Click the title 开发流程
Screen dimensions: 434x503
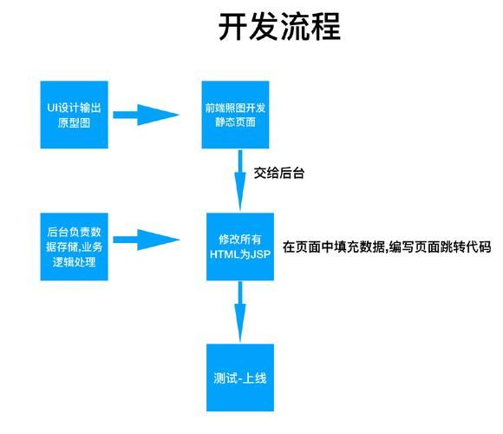click(x=278, y=27)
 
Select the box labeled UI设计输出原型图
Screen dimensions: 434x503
click(x=75, y=114)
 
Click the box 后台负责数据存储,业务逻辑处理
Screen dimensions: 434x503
click(x=75, y=247)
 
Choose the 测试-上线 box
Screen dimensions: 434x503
click(x=240, y=378)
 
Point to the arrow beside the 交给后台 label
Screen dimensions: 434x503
click(x=240, y=178)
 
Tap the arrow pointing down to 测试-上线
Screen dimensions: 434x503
click(x=240, y=309)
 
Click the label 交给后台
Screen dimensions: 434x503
click(x=278, y=174)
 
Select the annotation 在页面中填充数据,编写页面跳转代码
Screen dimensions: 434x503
click(x=387, y=247)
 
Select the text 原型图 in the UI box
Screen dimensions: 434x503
click(x=75, y=122)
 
